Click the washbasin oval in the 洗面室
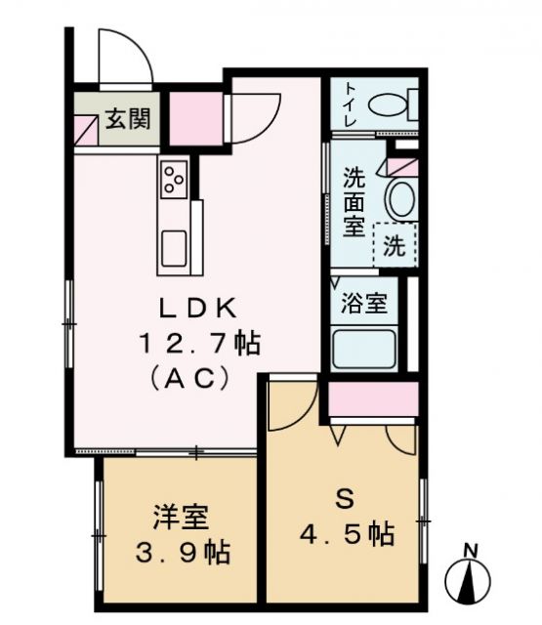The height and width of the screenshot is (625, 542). click(400, 199)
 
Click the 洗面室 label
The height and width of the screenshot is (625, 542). click(353, 203)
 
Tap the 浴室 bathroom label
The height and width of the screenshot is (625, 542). click(363, 303)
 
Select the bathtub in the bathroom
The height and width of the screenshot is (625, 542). click(363, 349)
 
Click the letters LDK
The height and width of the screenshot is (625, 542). click(198, 308)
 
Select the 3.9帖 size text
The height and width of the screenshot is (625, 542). click(181, 553)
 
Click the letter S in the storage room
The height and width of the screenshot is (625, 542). click(344, 500)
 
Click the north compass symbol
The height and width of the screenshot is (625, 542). click(470, 578)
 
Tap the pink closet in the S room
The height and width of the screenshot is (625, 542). click(372, 400)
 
